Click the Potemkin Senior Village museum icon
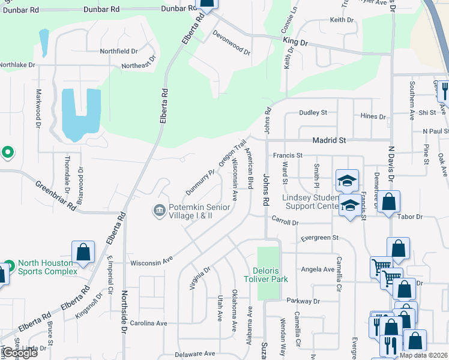160,210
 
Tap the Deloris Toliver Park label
266,274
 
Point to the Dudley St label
313,112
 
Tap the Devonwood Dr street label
231,42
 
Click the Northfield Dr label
119,52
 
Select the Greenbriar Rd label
55,196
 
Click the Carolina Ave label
149,323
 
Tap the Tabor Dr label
410,217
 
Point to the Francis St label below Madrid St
287,155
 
